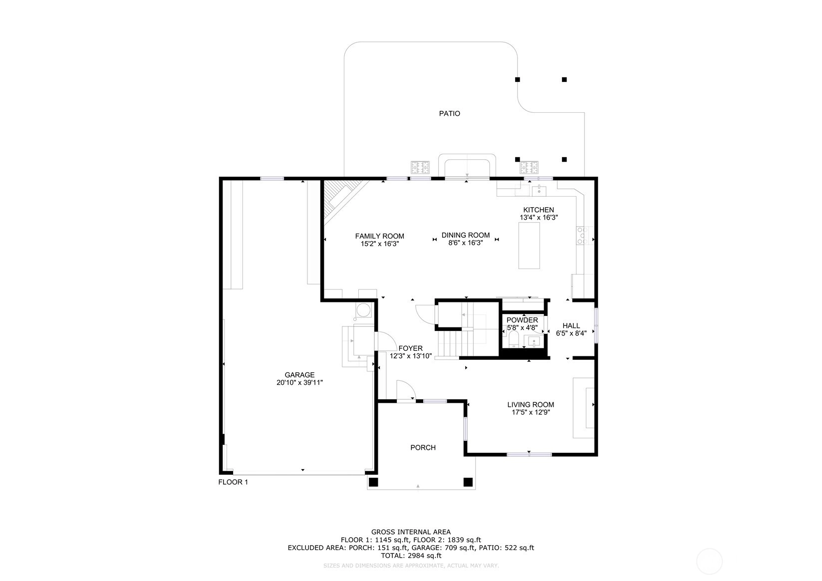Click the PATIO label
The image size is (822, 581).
tap(449, 113)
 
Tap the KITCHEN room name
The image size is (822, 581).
tap(539, 210)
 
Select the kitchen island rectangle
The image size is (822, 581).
tap(529, 246)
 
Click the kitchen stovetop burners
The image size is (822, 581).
tap(582, 235)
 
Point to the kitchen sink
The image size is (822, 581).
tap(539, 191)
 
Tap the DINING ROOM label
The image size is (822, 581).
tap(465, 235)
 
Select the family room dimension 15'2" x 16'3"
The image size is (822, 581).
tap(379, 244)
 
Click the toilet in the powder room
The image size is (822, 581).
tap(514, 340)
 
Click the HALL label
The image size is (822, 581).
tap(571, 325)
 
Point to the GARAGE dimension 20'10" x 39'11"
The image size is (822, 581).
tap(299, 382)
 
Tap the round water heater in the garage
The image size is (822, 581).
tap(364, 310)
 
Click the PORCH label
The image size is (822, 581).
tap(423, 447)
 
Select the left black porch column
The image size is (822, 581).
tap(373, 482)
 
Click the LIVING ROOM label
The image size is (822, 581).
tap(531, 404)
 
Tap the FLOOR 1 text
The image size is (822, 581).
tap(233, 482)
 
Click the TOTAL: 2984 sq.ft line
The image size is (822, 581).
tap(411, 556)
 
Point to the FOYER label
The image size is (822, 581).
tap(410, 348)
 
